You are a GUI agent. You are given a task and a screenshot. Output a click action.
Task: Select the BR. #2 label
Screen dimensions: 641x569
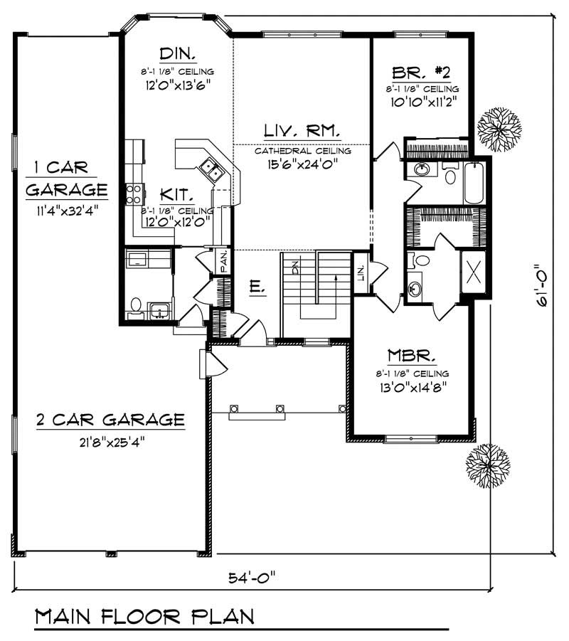pyautogui.click(x=422, y=72)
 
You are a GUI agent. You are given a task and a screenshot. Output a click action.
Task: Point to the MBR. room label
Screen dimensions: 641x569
pyautogui.click(x=412, y=356)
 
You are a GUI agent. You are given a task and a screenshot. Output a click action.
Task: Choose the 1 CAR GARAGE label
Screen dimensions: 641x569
pyautogui.click(x=66, y=179)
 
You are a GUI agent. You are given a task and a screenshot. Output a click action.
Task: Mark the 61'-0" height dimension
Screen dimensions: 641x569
pyautogui.click(x=544, y=285)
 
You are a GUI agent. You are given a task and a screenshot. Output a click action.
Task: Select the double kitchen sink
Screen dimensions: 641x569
pyautogui.click(x=212, y=169)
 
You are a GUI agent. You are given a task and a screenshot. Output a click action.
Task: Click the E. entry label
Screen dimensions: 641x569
pyautogui.click(x=257, y=287)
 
